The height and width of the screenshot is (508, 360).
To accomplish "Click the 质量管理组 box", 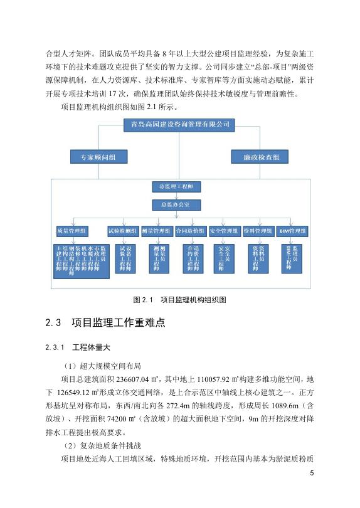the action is [72, 231].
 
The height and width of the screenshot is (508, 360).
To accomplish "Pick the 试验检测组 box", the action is [123, 231].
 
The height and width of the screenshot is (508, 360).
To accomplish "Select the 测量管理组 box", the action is [156, 231].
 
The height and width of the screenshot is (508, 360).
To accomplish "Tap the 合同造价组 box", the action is [190, 231].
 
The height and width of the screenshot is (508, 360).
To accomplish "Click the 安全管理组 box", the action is [223, 231].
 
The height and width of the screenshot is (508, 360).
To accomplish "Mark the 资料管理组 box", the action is [257, 231].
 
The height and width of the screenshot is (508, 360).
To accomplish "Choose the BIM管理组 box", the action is [292, 231].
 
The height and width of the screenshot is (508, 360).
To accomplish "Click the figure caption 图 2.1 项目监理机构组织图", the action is [180, 300].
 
